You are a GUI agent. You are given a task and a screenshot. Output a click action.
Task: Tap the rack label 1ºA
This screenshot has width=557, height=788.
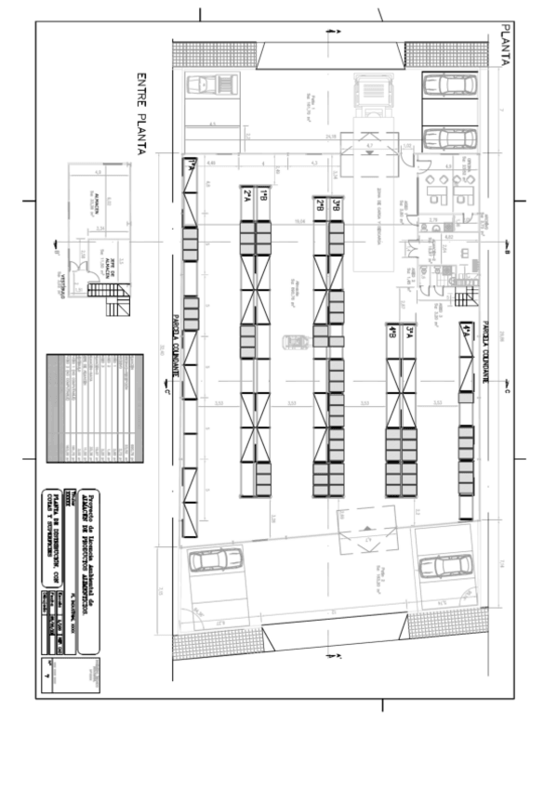tap(191, 164)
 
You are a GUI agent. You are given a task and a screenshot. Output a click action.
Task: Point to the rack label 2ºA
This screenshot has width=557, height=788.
tap(247, 194)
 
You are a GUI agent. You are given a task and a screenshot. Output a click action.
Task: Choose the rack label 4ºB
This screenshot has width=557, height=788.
tap(392, 331)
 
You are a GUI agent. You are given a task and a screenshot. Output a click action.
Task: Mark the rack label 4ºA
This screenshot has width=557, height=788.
tap(465, 331)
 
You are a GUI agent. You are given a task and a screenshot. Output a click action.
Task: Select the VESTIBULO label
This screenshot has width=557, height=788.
tap(62, 287)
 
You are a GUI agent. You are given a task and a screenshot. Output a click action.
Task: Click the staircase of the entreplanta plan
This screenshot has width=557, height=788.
tap(104, 291)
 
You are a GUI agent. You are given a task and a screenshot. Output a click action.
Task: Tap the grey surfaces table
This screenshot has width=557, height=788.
tap(95, 407)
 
